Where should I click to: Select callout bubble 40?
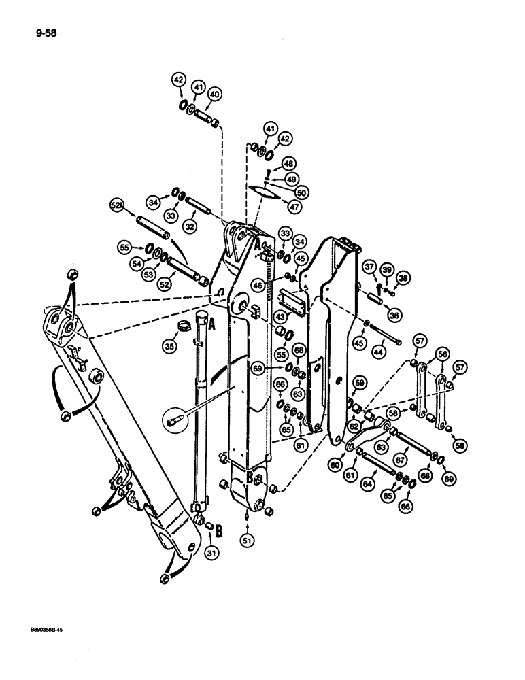[x=214, y=95]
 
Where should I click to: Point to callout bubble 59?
[x=359, y=383]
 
